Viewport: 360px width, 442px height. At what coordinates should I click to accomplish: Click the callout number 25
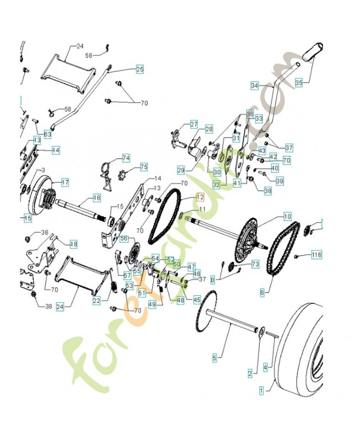139,70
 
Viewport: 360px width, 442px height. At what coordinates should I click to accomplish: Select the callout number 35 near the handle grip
299,82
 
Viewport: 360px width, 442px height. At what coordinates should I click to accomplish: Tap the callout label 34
254,86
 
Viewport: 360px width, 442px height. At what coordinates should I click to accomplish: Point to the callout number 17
65,182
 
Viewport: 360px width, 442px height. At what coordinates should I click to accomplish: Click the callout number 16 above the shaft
97,197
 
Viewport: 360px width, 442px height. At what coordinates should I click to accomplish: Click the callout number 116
316,255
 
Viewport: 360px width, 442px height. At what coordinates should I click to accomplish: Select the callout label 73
255,265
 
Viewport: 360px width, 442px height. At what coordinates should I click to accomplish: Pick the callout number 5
215,358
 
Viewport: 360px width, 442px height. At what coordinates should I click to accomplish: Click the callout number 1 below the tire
261,390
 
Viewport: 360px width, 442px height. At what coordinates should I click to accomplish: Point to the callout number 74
126,158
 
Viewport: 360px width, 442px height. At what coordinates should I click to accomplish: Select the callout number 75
144,167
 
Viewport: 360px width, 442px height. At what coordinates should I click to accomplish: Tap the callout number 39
279,181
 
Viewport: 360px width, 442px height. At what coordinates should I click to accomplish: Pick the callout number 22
96,301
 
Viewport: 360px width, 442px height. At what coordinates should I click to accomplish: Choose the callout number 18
73,244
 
